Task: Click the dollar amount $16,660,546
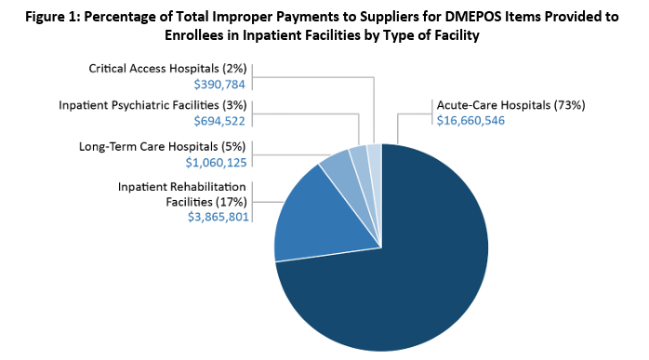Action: (x=470, y=121)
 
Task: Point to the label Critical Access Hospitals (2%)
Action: (x=168, y=69)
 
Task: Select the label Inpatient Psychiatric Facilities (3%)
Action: (x=158, y=105)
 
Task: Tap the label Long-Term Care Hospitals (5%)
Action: (x=164, y=147)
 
